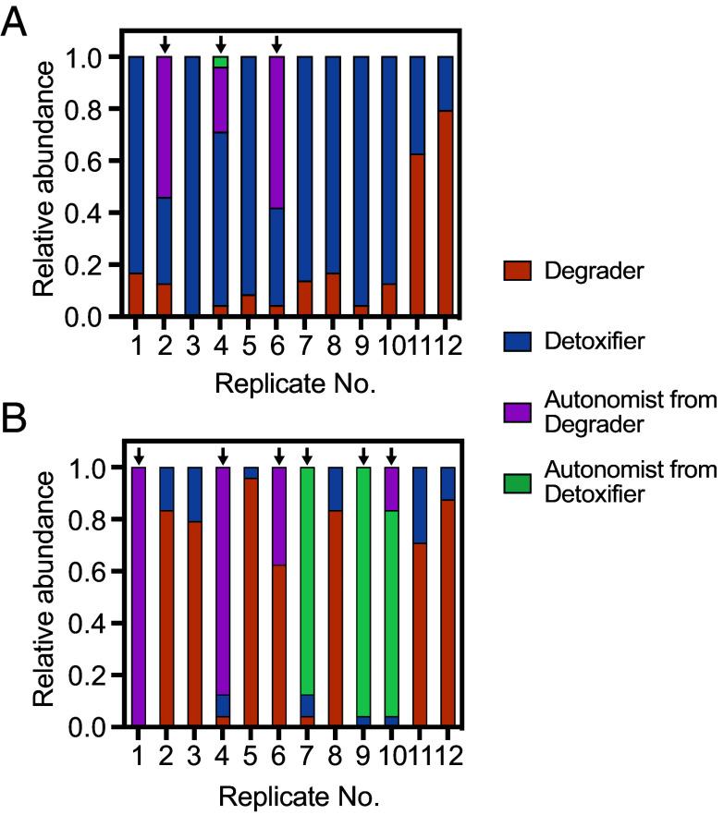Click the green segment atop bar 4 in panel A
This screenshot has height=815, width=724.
[x=220, y=62]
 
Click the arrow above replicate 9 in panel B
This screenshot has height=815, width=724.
[x=362, y=455]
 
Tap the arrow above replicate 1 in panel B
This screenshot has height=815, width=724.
[x=139, y=455]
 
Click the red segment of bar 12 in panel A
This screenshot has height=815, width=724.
[x=445, y=213]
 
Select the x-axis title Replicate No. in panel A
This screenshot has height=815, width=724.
[x=293, y=384]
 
